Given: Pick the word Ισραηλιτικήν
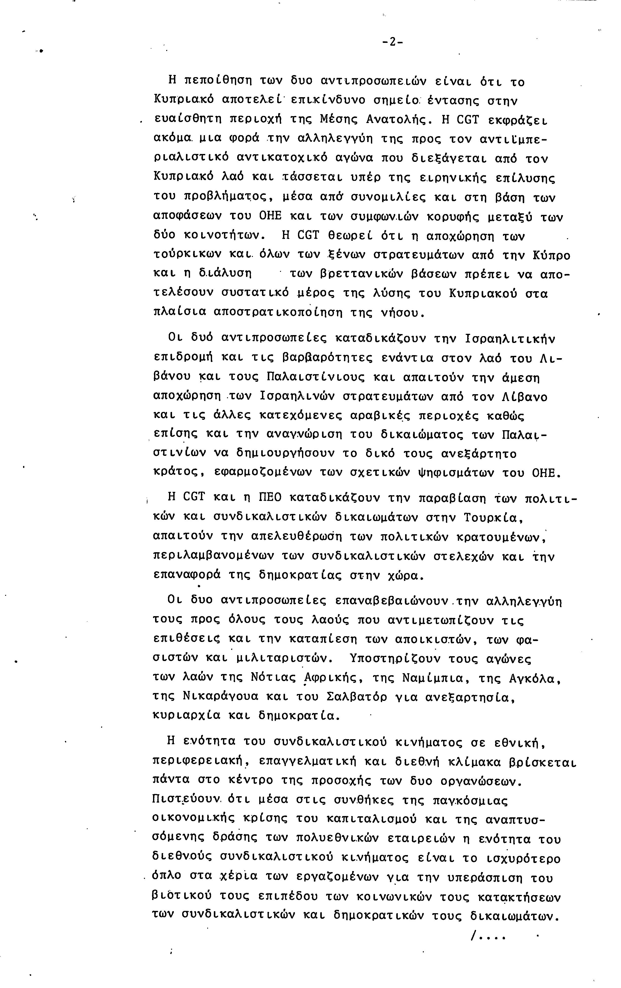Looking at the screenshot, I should [x=510, y=339].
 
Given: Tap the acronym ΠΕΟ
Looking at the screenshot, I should [x=270, y=498].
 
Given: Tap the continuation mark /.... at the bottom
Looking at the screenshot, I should [x=488, y=937].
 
